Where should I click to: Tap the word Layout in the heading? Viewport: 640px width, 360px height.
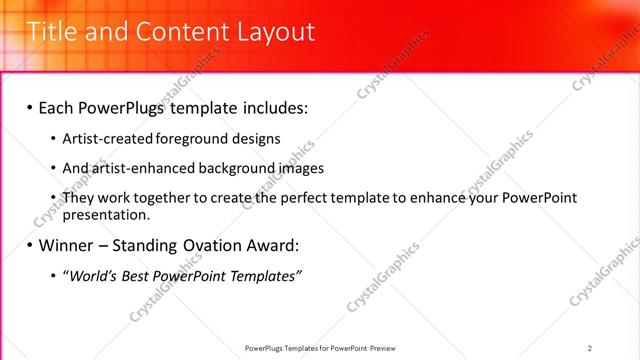(x=276, y=32)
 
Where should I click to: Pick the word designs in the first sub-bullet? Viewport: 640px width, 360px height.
(x=257, y=139)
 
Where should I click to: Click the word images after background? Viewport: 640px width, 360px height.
(x=298, y=168)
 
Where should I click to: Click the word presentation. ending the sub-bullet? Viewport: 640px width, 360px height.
(x=106, y=214)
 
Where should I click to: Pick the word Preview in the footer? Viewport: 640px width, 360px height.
(x=383, y=348)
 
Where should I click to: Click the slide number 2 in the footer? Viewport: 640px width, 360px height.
(x=590, y=348)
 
